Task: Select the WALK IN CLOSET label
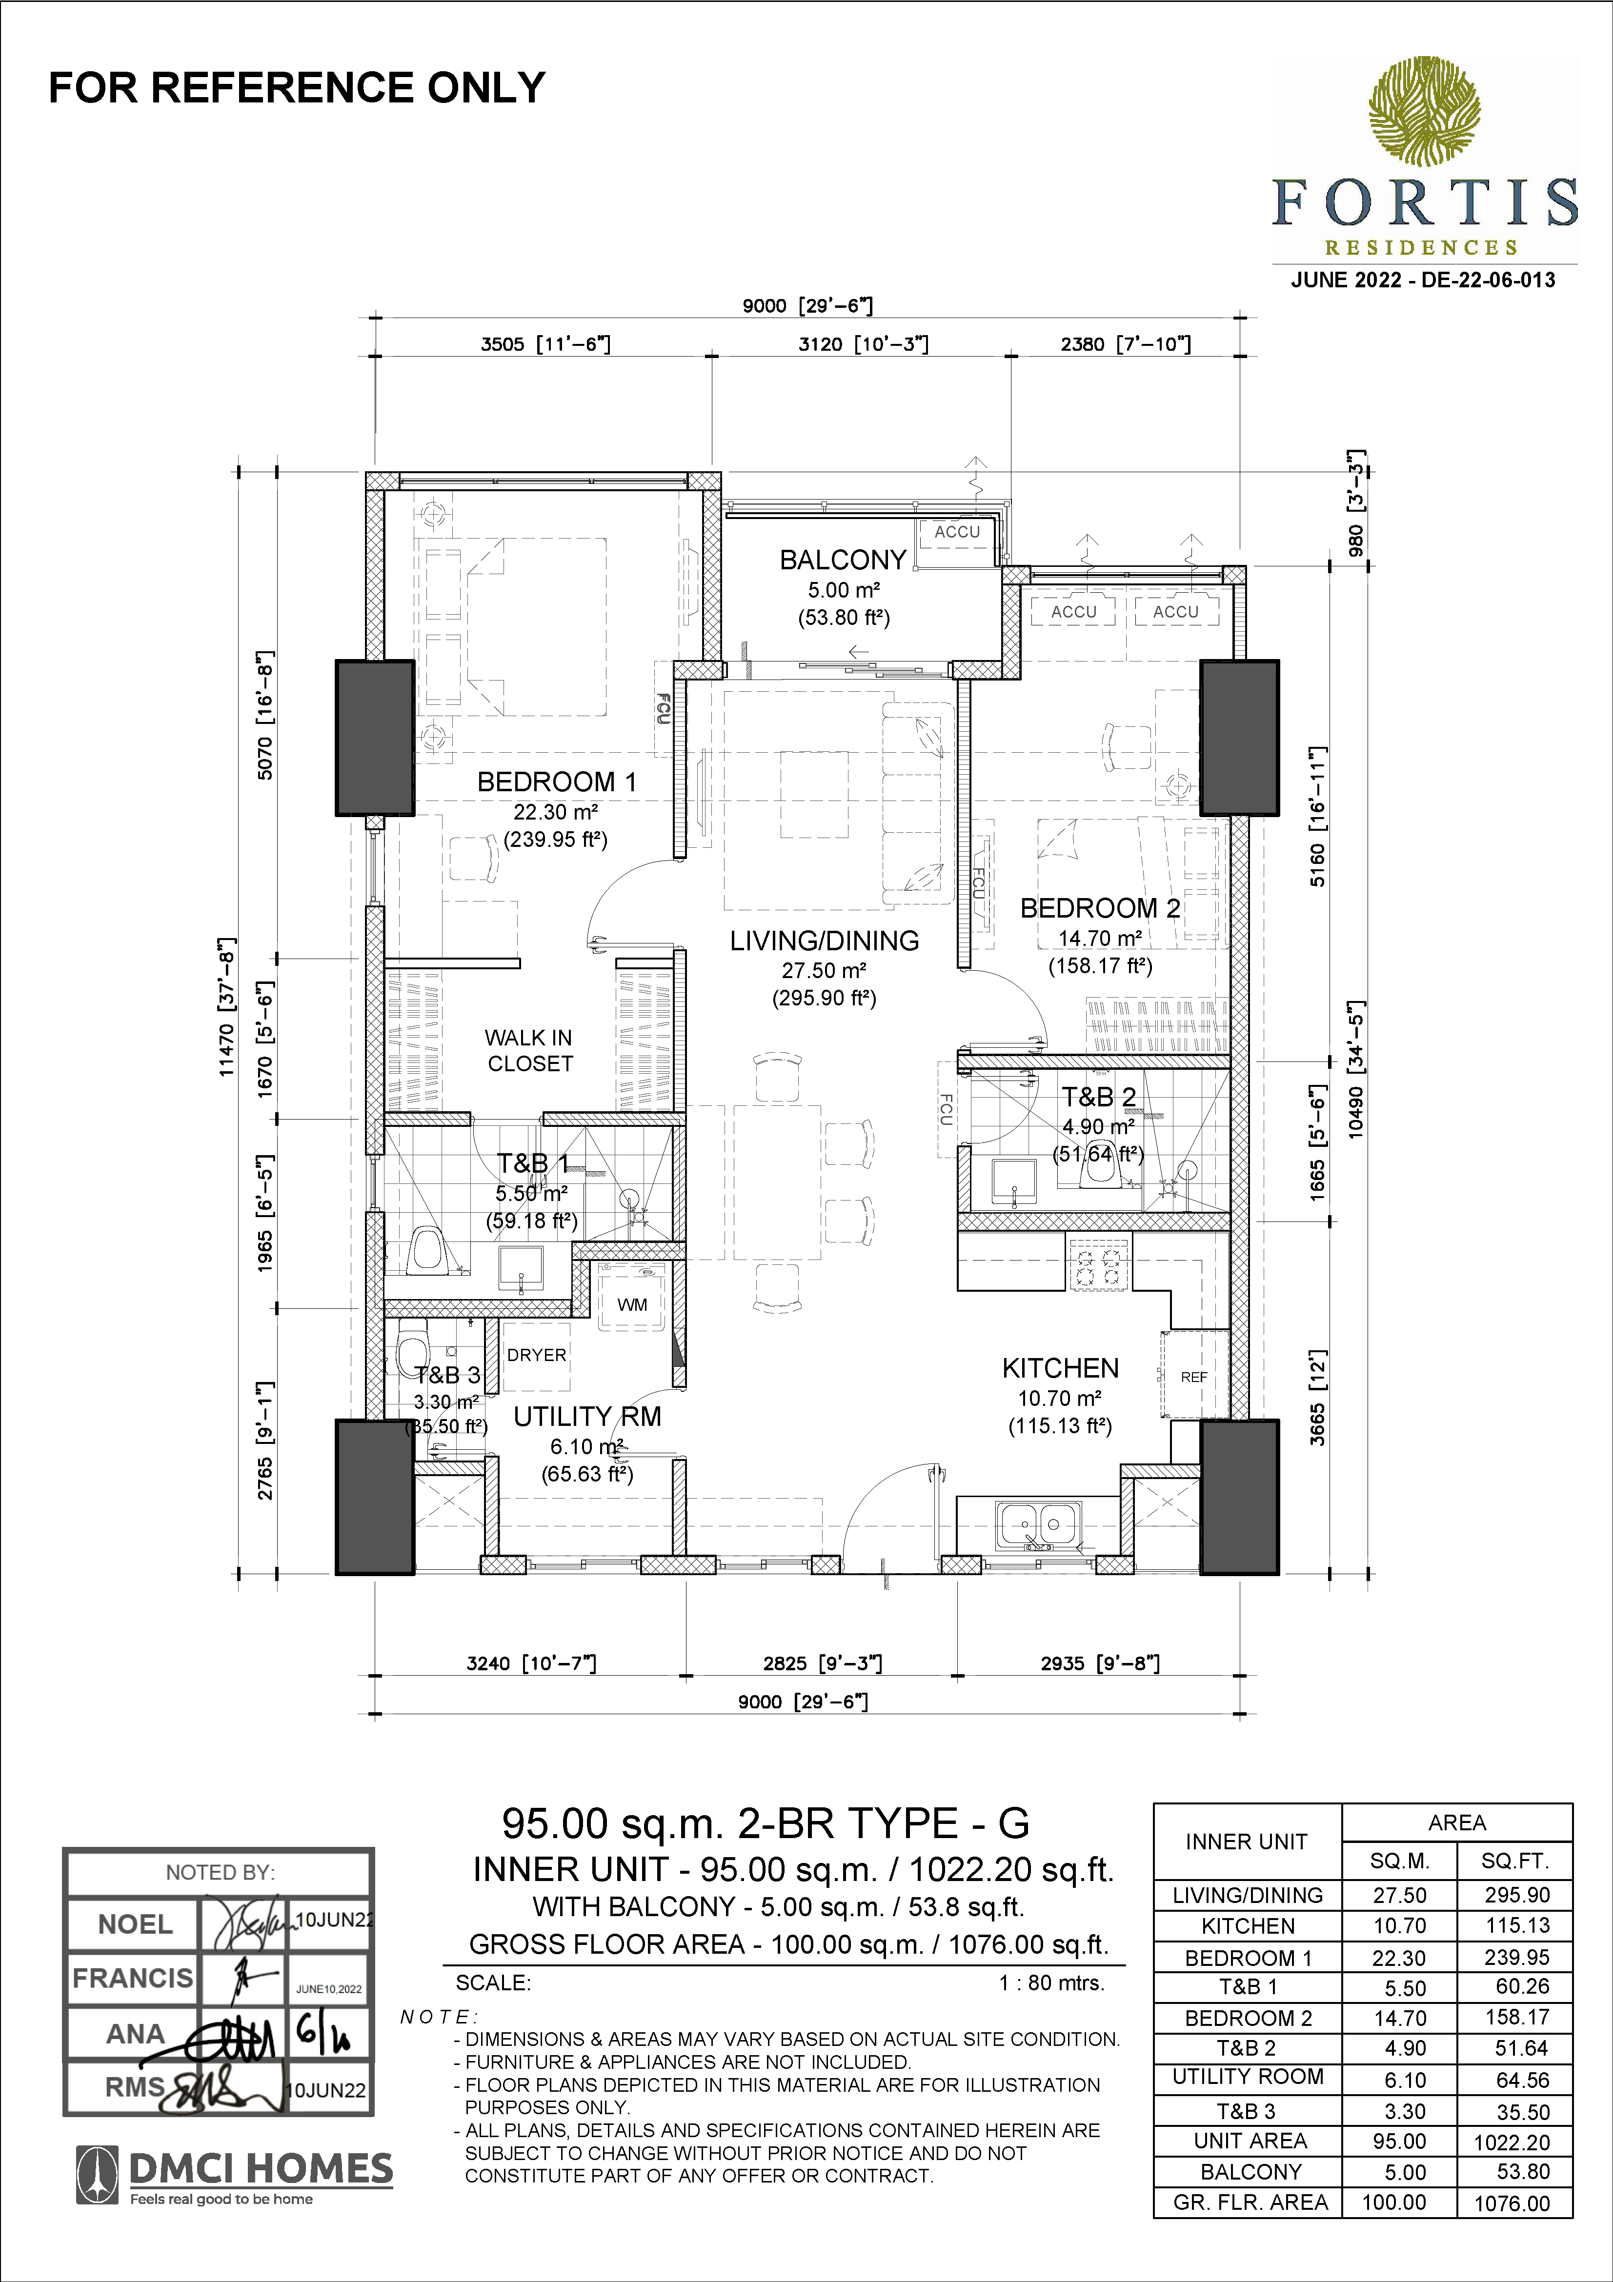[x=529, y=1051]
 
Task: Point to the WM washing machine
[x=632, y=1304]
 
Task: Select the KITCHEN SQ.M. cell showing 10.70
[x=1399, y=1925]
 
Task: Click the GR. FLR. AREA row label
[x=1250, y=2202]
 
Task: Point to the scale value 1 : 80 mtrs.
[x=1051, y=1983]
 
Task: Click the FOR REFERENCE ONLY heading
[x=297, y=87]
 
